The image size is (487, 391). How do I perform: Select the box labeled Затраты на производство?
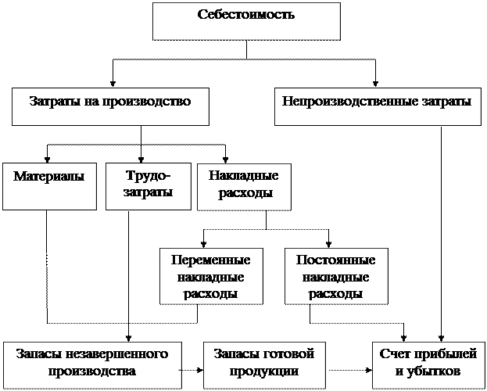pyautogui.click(x=110, y=106)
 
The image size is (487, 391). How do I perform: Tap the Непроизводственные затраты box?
pyautogui.click(x=377, y=106)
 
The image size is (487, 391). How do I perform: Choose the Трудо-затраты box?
pyautogui.click(x=148, y=186)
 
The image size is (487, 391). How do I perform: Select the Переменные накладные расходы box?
pyautogui.click(x=210, y=277)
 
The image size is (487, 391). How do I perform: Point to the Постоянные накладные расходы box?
pyautogui.click(x=335, y=277)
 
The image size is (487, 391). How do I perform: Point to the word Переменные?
pyautogui.click(x=210, y=260)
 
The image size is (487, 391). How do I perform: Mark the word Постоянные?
pyautogui.click(x=335, y=260)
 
